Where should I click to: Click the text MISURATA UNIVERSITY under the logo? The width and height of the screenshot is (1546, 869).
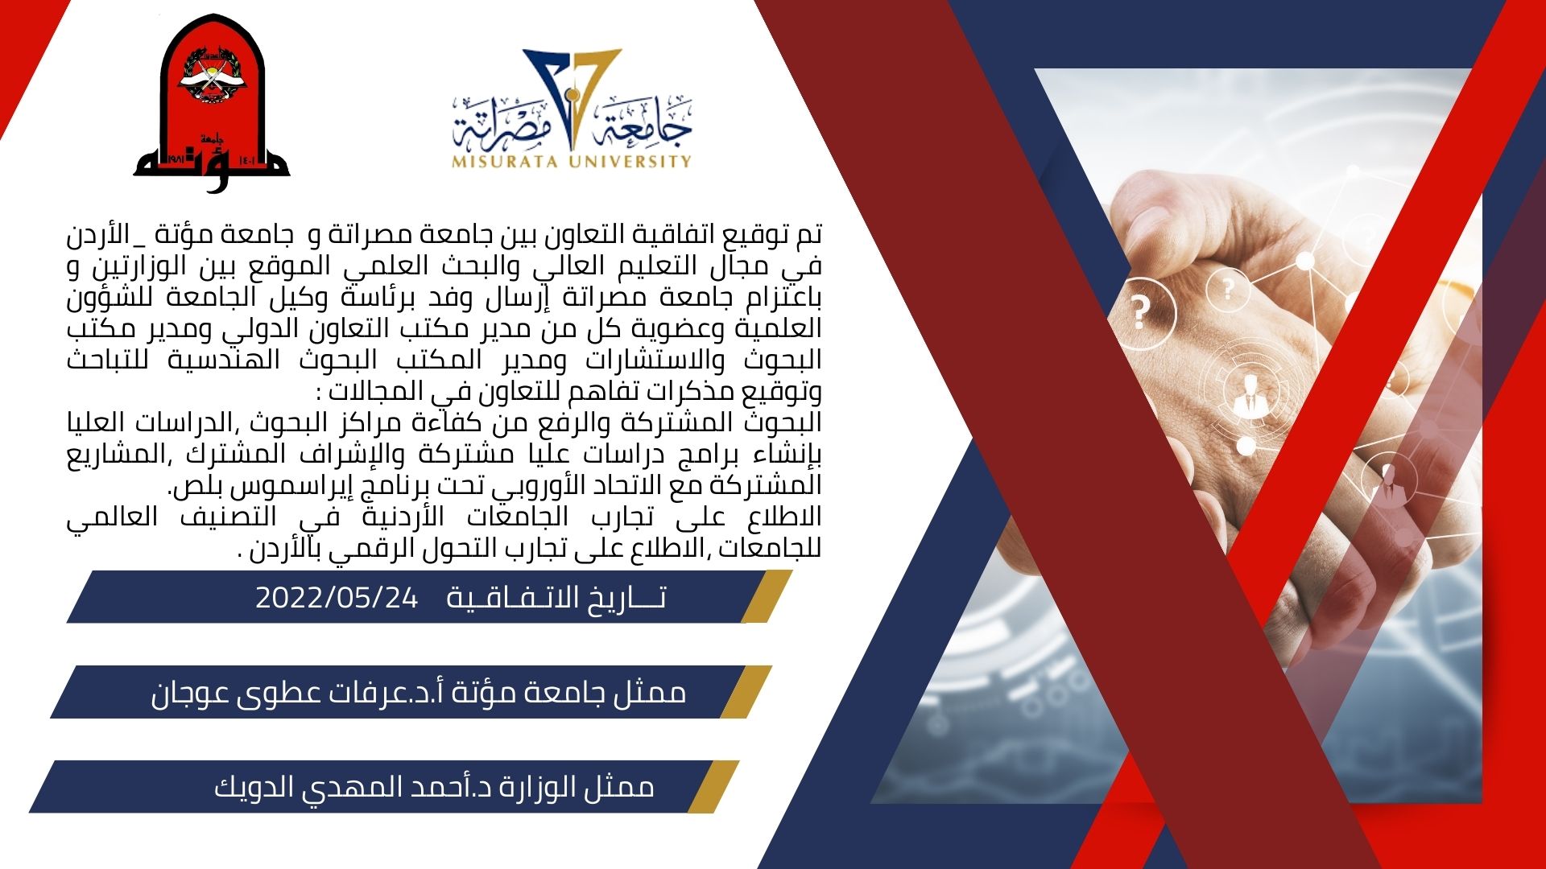tap(572, 161)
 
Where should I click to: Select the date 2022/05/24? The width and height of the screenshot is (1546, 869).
tap(337, 598)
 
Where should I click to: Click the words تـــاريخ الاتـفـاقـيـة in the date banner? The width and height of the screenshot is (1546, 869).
tap(556, 598)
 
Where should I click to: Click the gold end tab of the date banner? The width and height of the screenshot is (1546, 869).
tap(767, 596)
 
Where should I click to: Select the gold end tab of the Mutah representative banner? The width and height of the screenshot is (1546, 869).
tap(746, 691)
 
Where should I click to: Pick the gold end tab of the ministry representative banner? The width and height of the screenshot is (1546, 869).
tap(713, 786)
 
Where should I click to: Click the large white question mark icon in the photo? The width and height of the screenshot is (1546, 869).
tap(1139, 311)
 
